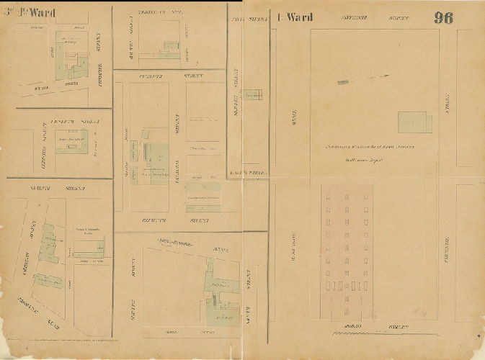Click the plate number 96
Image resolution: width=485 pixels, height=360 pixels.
click(443, 18)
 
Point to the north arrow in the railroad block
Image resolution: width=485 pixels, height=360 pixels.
click(362, 80)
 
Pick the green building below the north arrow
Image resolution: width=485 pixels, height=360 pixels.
click(415, 122)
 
